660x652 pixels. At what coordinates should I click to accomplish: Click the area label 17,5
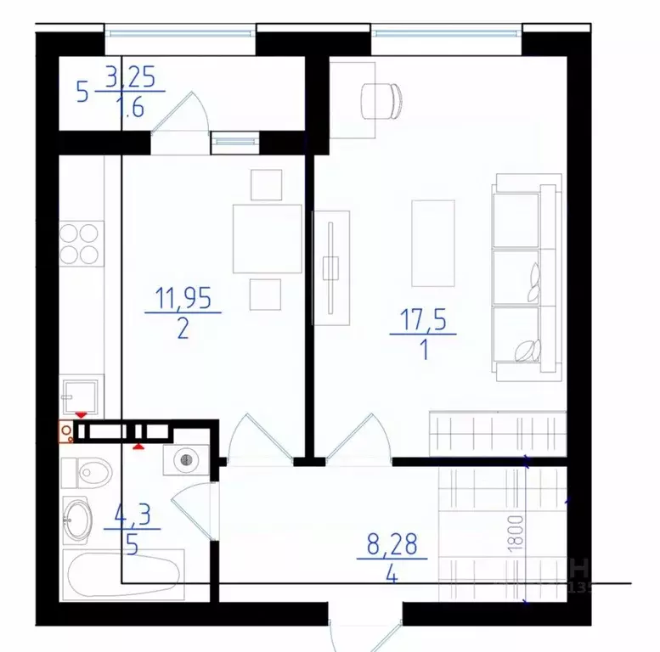[422, 320]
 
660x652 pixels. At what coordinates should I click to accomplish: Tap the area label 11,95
[183, 298]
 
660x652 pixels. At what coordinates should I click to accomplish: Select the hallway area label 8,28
[392, 544]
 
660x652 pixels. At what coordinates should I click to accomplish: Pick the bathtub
[122, 573]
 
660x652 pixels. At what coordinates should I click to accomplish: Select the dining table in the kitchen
[268, 239]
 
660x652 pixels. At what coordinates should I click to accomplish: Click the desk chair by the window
[381, 101]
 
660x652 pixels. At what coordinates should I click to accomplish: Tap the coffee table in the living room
[432, 243]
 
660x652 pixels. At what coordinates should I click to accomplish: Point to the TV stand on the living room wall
[330, 266]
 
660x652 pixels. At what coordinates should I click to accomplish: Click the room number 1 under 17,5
[422, 351]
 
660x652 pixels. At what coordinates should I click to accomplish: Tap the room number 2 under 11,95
[183, 329]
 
